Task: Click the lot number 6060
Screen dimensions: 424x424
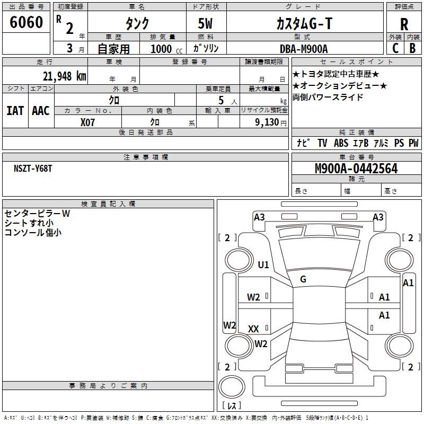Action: (26, 22)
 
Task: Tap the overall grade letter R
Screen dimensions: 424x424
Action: (404, 24)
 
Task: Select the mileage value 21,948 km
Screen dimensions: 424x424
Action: (64, 76)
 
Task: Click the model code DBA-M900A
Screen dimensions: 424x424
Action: (304, 49)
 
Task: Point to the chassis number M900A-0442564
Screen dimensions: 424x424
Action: (356, 169)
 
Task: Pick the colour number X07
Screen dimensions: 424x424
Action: (87, 122)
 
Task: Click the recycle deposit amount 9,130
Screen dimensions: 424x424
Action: (267, 122)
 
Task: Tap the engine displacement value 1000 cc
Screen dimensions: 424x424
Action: (166, 49)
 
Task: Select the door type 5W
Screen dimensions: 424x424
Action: (205, 23)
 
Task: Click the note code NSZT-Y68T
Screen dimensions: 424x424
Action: (33, 169)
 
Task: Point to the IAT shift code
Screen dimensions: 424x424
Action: (15, 111)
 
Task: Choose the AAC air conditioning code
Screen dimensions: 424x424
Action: (41, 111)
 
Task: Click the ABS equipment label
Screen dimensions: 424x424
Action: (341, 143)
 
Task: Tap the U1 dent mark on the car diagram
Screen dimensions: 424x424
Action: (263, 264)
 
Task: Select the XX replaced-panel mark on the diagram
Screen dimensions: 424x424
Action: (253, 329)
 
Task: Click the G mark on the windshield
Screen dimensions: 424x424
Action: (303, 279)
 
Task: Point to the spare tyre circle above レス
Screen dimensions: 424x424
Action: (232, 387)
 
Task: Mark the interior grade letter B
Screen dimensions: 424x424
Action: (412, 48)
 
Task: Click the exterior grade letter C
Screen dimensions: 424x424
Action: (395, 48)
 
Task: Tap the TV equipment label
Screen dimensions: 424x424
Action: (322, 143)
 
